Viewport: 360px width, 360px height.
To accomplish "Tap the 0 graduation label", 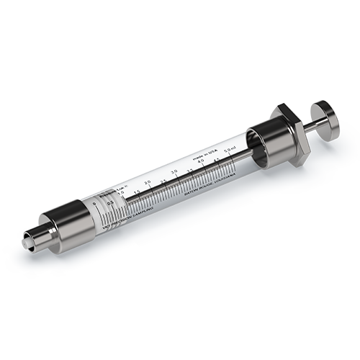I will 95,205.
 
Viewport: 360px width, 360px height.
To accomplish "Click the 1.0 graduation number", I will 122,192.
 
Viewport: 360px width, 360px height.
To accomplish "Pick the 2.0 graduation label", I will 148,182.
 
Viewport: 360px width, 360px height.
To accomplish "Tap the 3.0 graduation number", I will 175,172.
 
